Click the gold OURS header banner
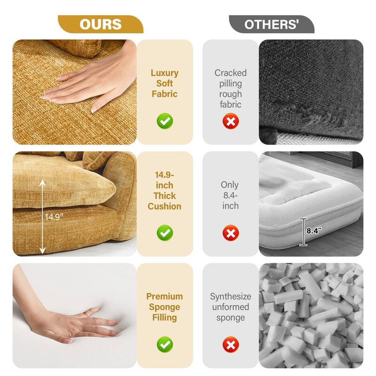[x=100, y=24]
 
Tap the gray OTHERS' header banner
[x=272, y=24]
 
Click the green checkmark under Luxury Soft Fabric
[x=164, y=121]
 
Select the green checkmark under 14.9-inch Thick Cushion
[x=164, y=233]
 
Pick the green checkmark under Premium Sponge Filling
[x=164, y=345]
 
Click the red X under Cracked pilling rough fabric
[x=230, y=121]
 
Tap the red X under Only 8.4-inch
[x=230, y=233]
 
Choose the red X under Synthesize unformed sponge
[x=230, y=345]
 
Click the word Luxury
[x=164, y=73]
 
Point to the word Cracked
[x=230, y=73]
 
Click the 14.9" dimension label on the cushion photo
[x=54, y=217]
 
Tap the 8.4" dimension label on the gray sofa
[x=313, y=231]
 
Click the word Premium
[x=164, y=297]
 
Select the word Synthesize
[x=230, y=297]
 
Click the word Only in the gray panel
[x=230, y=185]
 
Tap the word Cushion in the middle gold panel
[x=164, y=206]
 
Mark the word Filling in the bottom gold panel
[x=164, y=318]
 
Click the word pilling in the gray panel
[x=230, y=84]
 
